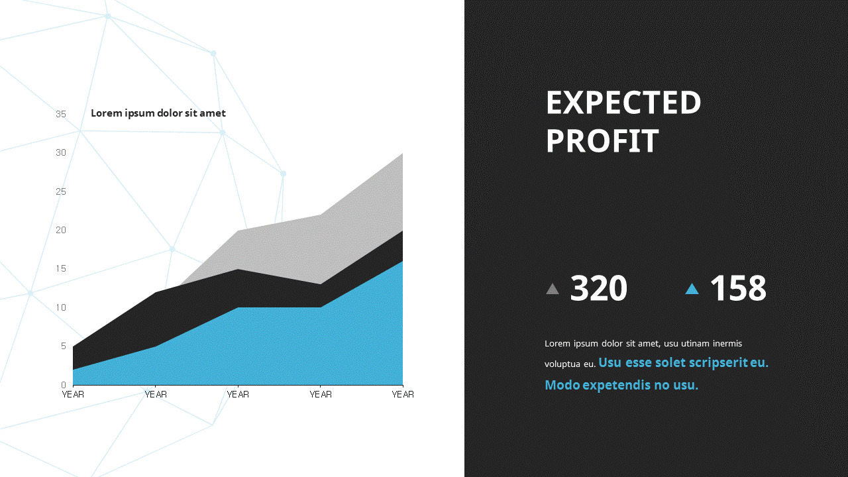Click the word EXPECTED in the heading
(x=623, y=103)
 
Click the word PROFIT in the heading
(x=602, y=141)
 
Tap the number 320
(x=598, y=288)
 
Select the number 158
(x=737, y=288)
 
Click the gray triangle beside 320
(x=553, y=289)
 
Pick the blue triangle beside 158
(x=692, y=289)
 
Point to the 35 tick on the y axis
(x=61, y=114)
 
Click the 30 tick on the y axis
(x=61, y=152)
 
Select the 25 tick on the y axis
(x=61, y=191)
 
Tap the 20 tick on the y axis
(x=61, y=230)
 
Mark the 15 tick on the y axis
(x=61, y=268)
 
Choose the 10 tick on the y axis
(x=61, y=307)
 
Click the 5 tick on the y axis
(x=64, y=346)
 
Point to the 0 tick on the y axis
(x=64, y=385)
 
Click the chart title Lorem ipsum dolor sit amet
(x=158, y=113)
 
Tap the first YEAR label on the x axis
(x=73, y=394)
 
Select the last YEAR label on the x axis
(x=403, y=394)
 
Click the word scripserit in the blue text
(x=714, y=363)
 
